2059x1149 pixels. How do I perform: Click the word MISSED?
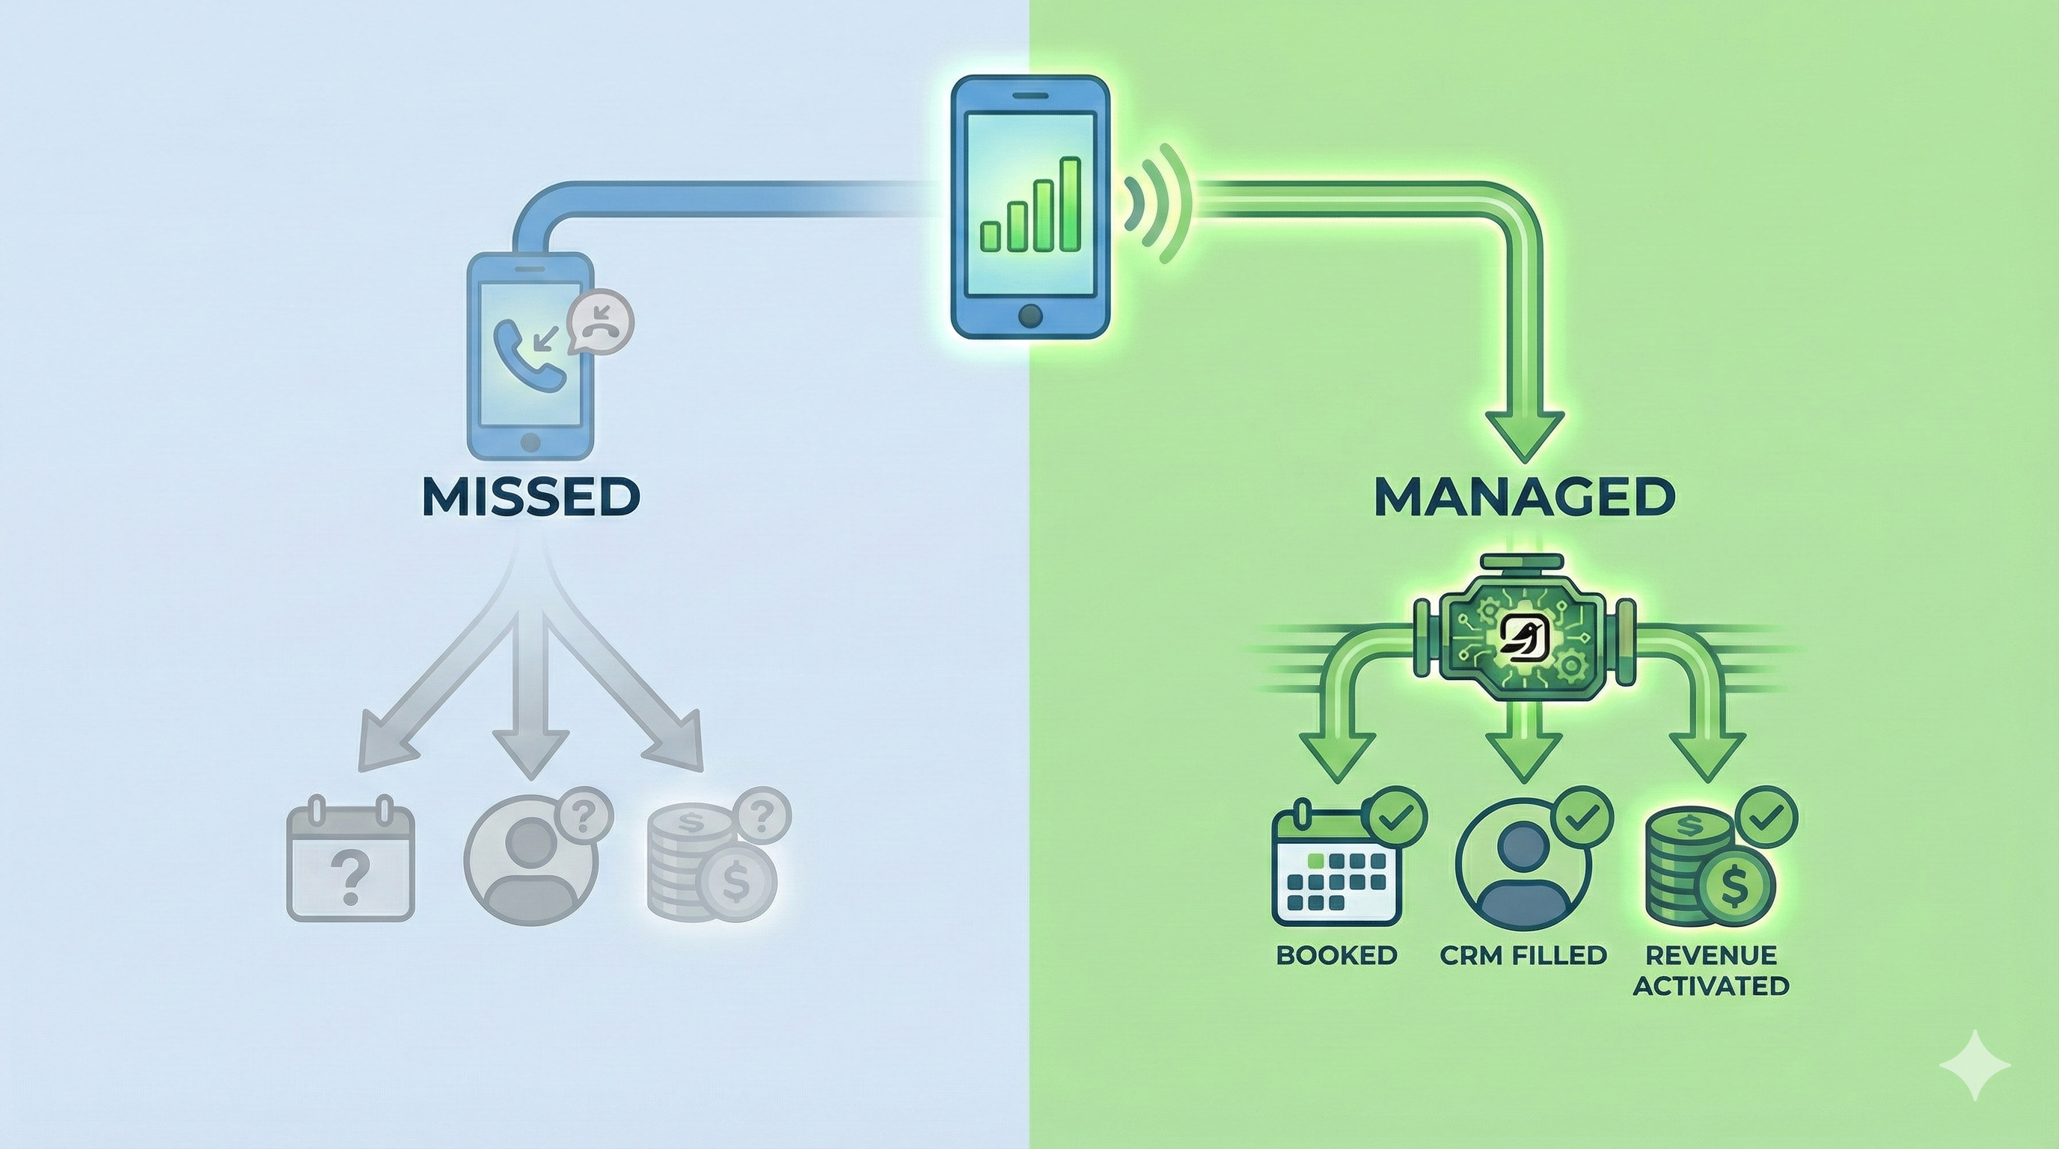pos(530,497)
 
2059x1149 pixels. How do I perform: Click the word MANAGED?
pos(1524,497)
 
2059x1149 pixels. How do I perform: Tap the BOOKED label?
pos(1336,955)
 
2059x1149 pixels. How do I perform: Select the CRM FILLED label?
pos(1523,955)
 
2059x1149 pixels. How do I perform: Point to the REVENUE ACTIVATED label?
pos(1710,970)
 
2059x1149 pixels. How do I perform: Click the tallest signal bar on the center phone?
pos(1069,203)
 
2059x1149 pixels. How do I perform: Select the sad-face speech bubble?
pos(599,319)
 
